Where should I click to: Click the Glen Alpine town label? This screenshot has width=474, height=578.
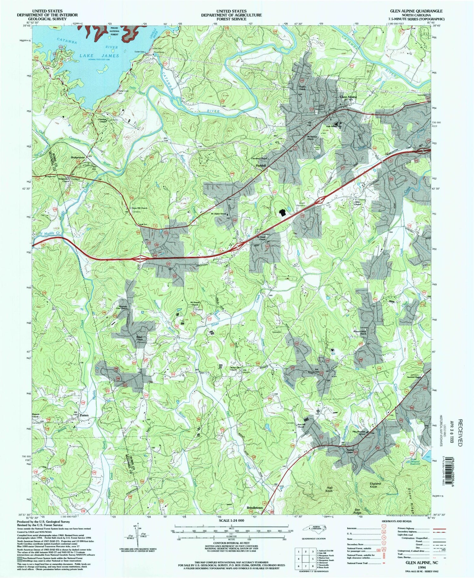tap(348, 97)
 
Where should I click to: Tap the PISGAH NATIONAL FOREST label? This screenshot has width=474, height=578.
tap(114, 31)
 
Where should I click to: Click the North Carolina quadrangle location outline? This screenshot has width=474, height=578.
tap(314, 528)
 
